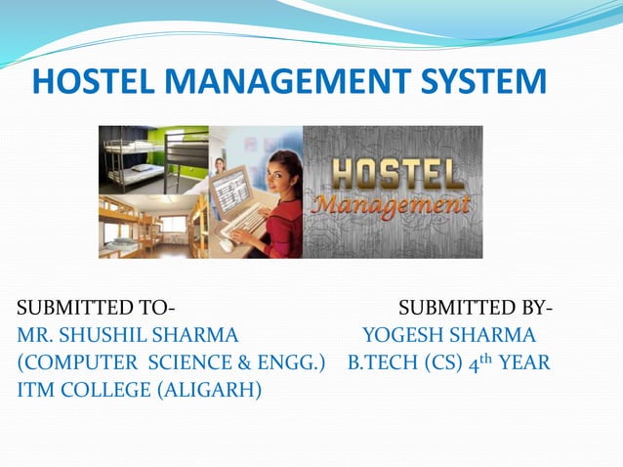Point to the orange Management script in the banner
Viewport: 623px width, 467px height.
[392, 206]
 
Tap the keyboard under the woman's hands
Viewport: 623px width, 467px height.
[247, 223]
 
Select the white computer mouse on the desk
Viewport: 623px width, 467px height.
[226, 243]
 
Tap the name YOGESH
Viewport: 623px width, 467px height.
[402, 337]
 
